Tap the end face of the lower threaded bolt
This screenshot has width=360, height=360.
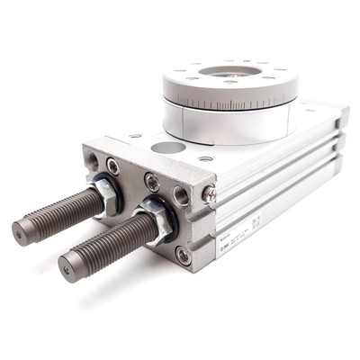69,265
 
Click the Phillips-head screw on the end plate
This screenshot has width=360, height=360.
209,192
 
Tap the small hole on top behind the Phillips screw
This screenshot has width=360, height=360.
206,158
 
